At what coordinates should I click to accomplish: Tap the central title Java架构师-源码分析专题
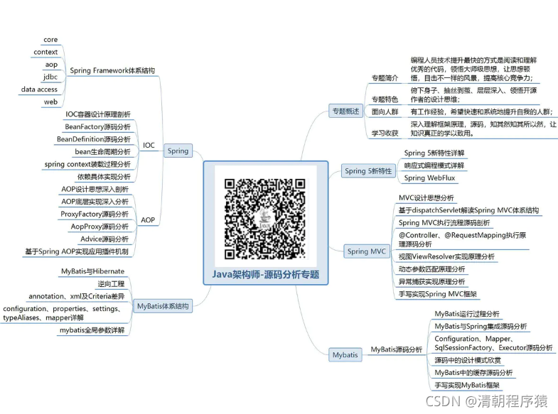point(266,273)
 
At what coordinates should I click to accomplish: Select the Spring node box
point(178,151)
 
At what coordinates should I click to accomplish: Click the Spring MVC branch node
point(367,251)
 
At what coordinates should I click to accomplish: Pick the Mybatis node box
point(345,354)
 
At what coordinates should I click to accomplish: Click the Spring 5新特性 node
point(368,170)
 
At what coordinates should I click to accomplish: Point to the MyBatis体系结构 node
point(163,305)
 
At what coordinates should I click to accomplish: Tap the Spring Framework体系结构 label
point(112,70)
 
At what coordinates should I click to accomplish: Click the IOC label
point(149,145)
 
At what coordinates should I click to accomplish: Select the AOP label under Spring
point(149,220)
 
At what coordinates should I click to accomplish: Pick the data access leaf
point(39,89)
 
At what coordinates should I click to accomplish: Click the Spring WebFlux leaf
point(434,178)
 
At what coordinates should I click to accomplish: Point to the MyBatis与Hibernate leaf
point(94,271)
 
